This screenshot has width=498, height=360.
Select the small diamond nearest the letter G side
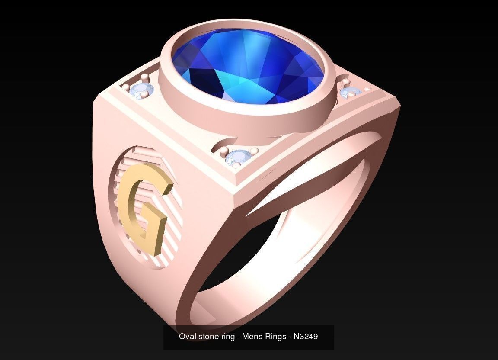pos(142,90)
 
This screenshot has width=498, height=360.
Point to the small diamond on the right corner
pos(350,92)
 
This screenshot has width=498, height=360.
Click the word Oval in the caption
pos(187,336)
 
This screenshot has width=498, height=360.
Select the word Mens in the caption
pos(251,336)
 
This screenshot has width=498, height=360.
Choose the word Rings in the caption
pos(273,336)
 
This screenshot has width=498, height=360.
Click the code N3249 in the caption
pos(306,336)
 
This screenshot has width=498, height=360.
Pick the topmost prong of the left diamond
pos(145,77)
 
